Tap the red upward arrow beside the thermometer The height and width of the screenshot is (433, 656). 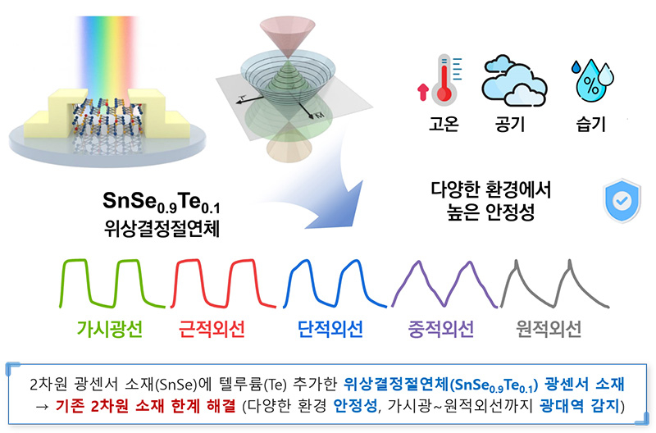coord(423,92)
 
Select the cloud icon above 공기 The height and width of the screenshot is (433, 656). coord(514,81)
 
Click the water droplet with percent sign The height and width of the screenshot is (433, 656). coord(593,80)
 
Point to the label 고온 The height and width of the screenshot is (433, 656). coord(444,125)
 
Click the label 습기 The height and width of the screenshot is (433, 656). coord(590,125)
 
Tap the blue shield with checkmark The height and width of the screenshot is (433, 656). coord(622,200)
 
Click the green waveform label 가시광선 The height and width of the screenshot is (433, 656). coord(110,329)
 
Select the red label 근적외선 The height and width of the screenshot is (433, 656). coord(212,329)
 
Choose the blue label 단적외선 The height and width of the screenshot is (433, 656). coord(330,329)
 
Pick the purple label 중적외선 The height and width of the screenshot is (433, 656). coord(441,329)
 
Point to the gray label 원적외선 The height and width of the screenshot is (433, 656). coord(549,329)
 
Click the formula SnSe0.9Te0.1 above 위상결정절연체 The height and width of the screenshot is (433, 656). coord(162,203)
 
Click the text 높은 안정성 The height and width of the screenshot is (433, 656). coord(490,212)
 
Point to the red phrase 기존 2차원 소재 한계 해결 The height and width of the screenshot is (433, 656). coord(145,406)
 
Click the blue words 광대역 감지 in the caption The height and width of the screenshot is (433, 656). coord(579,406)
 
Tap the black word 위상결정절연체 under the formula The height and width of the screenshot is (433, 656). coord(162,229)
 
